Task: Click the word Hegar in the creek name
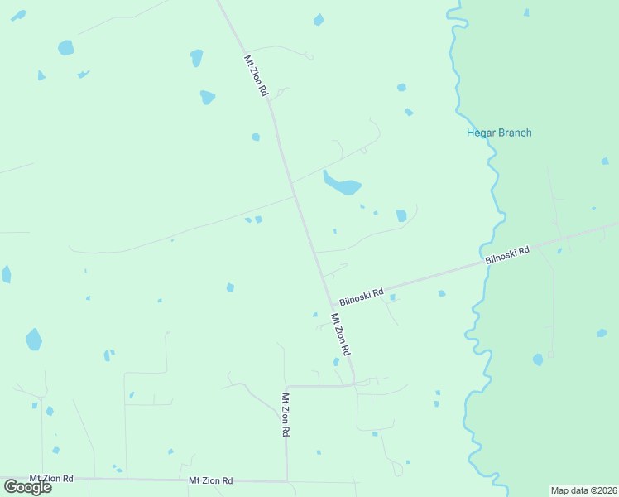coord(481,133)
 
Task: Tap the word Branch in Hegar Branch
coord(514,133)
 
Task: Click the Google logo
coord(27,486)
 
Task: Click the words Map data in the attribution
coord(570,490)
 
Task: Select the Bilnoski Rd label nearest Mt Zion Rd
coord(361,296)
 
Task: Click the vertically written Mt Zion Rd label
coord(285,413)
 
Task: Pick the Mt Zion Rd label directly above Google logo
coord(51,479)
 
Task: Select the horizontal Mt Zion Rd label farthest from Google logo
coord(210,480)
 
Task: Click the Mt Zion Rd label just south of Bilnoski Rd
coord(341,335)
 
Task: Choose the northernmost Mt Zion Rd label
coord(256,75)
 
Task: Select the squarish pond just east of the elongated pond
coord(401,215)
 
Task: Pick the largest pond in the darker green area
coord(538,359)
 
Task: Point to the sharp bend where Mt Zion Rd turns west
coord(353,384)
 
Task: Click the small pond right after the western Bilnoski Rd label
coord(392,297)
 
